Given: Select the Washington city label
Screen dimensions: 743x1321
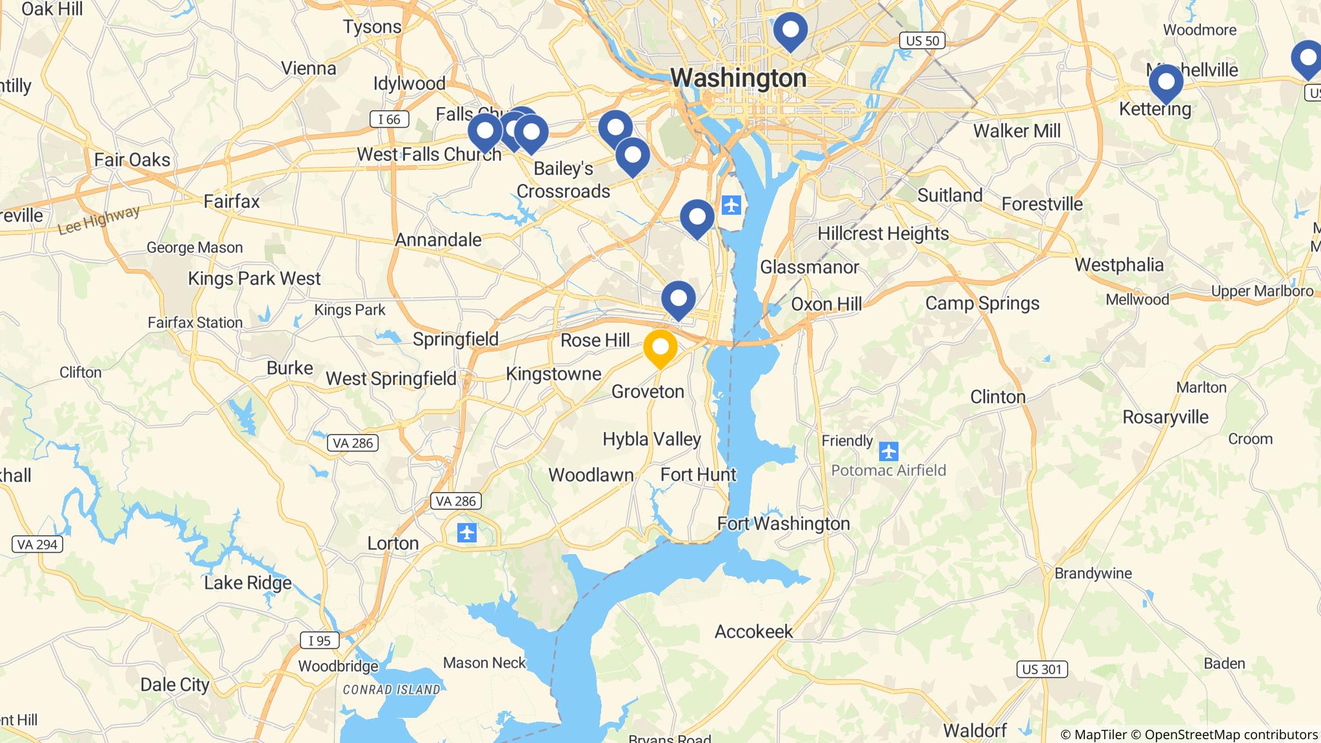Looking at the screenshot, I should (x=739, y=78).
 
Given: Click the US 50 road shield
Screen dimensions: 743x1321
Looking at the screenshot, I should (x=922, y=41).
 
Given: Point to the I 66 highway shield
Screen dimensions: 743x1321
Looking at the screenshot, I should (x=389, y=119).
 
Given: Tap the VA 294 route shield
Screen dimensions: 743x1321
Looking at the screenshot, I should (x=37, y=544).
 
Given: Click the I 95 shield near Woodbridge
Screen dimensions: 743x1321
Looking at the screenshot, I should (x=319, y=640).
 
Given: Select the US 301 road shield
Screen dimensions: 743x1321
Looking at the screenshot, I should (x=1042, y=669).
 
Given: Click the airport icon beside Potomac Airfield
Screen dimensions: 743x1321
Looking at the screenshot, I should (x=888, y=451).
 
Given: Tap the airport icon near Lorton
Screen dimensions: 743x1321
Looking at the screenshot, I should (x=466, y=533).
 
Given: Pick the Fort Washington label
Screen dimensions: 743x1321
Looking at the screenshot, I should (x=784, y=523).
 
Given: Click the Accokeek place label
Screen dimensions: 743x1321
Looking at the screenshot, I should (x=753, y=631).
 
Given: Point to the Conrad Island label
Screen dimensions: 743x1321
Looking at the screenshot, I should (x=392, y=689).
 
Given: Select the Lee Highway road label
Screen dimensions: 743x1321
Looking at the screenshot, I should (x=99, y=220).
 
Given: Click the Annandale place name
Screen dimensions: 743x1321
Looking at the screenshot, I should (x=439, y=240).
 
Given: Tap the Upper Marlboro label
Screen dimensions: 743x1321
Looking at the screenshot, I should (x=1262, y=291).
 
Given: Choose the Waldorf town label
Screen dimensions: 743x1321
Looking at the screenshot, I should (x=975, y=731).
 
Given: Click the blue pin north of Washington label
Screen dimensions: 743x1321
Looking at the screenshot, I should (x=790, y=30).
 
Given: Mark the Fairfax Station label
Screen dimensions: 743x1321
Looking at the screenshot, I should (x=195, y=322).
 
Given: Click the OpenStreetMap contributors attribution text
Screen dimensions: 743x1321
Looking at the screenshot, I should (x=1231, y=735).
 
